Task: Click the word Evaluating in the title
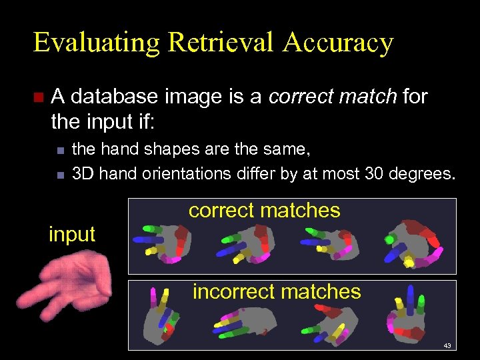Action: pos(96,43)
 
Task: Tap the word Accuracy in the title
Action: pos(338,43)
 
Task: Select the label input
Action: pos(72,234)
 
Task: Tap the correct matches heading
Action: pos(264,211)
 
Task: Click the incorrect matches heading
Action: pos(277,291)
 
